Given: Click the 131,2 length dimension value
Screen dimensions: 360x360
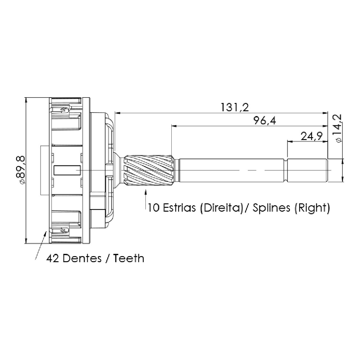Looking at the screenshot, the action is click(235, 107).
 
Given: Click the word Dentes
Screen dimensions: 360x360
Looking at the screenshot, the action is click(82, 258).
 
